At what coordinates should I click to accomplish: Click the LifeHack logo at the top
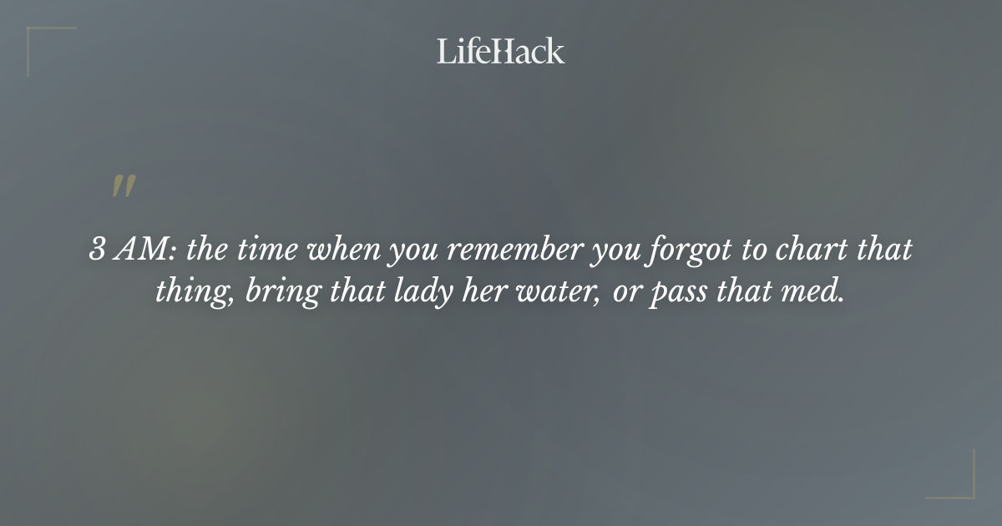[500, 51]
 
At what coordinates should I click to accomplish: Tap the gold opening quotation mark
[124, 187]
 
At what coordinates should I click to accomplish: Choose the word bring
[274, 293]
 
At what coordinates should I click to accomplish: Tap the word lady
[415, 293]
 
